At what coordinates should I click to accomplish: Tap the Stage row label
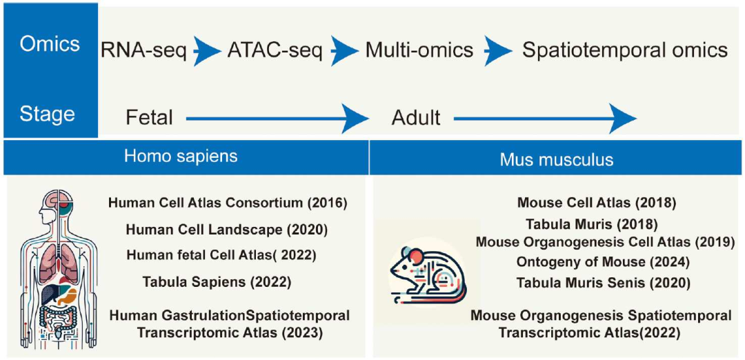click(48, 114)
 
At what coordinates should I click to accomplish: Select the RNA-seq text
click(144, 50)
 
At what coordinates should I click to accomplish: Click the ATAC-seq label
click(275, 50)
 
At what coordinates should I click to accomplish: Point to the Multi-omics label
click(419, 50)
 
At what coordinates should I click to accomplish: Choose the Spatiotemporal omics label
click(624, 50)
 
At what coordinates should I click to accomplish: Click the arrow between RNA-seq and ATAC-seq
click(207, 50)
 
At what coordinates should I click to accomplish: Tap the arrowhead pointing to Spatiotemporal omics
click(499, 50)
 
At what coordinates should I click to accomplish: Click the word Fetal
click(149, 117)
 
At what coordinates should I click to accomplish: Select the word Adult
click(416, 117)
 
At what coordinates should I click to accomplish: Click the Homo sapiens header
click(181, 157)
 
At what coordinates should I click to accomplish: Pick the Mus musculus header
click(557, 159)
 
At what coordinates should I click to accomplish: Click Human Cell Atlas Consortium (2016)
click(228, 203)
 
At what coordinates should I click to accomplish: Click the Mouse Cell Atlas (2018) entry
click(596, 203)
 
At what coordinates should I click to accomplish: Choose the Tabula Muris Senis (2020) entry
click(603, 283)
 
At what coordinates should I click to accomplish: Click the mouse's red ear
click(414, 257)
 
